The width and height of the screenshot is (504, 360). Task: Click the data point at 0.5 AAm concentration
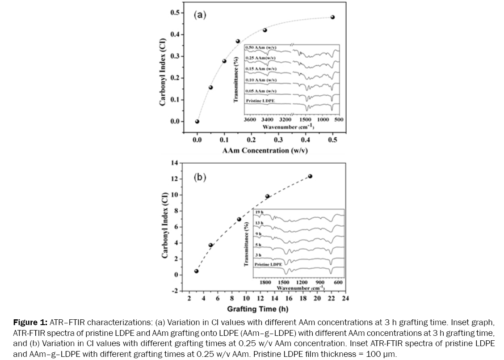pyautogui.click(x=332, y=17)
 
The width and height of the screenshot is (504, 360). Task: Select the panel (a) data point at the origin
pyautogui.click(x=197, y=121)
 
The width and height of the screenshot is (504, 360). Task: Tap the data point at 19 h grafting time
pyautogui.click(x=310, y=176)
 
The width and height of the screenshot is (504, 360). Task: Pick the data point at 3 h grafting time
pyautogui.click(x=196, y=271)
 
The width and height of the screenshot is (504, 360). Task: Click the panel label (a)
pyautogui.click(x=200, y=15)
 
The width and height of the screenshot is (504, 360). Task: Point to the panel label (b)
pyautogui.click(x=200, y=178)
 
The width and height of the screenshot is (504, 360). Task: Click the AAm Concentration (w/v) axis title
pyautogui.click(x=265, y=150)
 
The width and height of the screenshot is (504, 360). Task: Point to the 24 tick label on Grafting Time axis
pyautogui.click(x=345, y=298)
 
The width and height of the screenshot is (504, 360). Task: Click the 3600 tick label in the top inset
pyautogui.click(x=250, y=120)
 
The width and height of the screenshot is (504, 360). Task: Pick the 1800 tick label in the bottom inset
pyautogui.click(x=265, y=283)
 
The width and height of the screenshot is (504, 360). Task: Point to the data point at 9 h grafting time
pyautogui.click(x=239, y=219)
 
